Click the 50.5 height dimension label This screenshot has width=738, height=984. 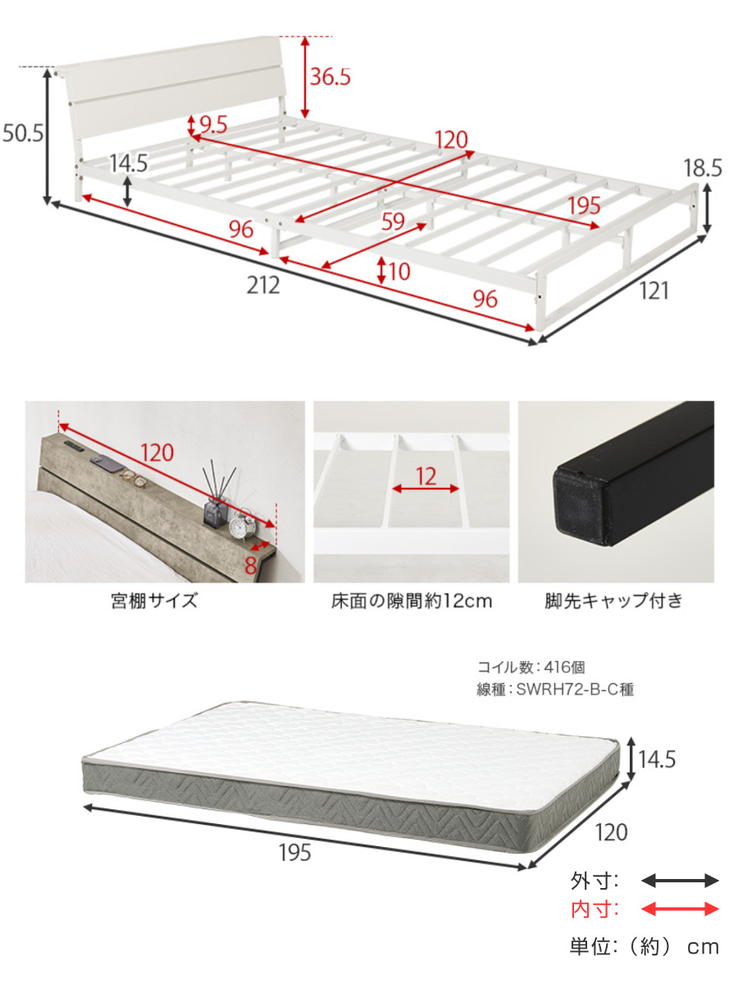(x=23, y=134)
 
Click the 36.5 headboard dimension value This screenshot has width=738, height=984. (x=330, y=77)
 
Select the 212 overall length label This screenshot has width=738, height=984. (x=264, y=285)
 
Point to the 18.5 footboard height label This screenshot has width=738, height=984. (x=703, y=169)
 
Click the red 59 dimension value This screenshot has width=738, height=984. (x=394, y=221)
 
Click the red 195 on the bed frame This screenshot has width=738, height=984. (x=584, y=206)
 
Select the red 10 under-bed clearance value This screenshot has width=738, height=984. (x=399, y=271)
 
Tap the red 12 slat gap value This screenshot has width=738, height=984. (x=426, y=477)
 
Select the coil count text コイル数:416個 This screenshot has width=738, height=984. (x=531, y=668)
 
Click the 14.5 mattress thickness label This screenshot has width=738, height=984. (x=658, y=760)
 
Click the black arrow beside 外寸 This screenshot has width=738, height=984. (x=679, y=881)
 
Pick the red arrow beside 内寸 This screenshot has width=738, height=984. (x=679, y=909)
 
